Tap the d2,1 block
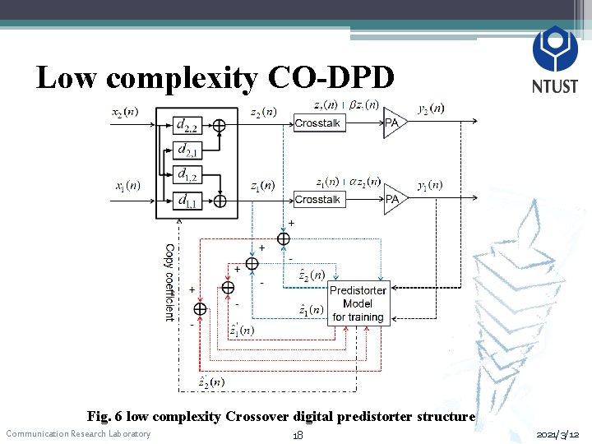[189, 150]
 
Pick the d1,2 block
[189, 174]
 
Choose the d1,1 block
[189, 199]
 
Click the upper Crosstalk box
[318, 123]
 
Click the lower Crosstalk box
[318, 200]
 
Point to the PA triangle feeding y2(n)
[394, 123]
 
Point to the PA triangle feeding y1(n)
[394, 199]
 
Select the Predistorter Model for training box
[358, 303]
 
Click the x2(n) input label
[125, 112]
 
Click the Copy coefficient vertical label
[169, 282]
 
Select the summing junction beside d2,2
[220, 125]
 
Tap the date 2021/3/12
[557, 434]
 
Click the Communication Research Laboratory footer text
[78, 434]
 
